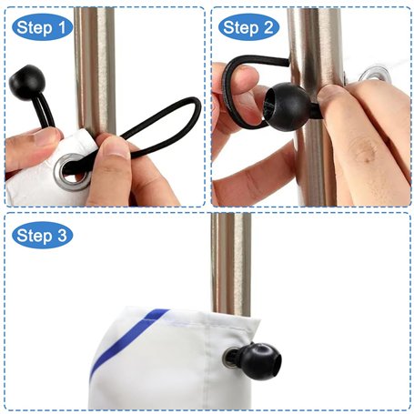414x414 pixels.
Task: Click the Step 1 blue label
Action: [x=42, y=27]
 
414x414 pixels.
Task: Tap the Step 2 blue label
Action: [x=248, y=27]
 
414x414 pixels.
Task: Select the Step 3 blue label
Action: [x=42, y=235]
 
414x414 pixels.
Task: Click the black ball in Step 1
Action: [x=27, y=82]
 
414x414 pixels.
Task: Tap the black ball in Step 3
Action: [x=265, y=357]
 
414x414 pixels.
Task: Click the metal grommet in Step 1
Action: [x=72, y=172]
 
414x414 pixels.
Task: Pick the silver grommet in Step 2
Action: [x=375, y=75]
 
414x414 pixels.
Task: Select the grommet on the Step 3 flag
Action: [x=230, y=358]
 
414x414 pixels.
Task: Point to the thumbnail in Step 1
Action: [x=116, y=148]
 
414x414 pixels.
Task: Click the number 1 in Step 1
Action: [x=62, y=27]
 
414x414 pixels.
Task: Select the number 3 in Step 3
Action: [x=62, y=236]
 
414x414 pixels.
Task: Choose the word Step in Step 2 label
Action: [x=240, y=28]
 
